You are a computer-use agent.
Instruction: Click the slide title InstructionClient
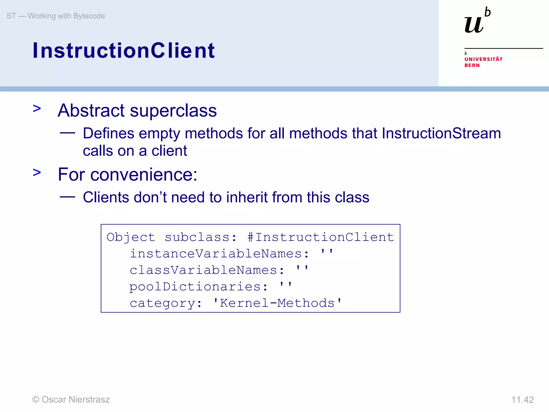point(123,50)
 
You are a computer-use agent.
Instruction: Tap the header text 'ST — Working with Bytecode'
point(56,16)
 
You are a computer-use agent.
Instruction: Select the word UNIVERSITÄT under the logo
point(483,59)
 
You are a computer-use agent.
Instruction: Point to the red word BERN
point(472,65)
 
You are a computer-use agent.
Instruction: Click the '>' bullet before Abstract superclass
point(37,109)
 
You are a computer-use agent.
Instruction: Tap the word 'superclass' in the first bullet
point(173,111)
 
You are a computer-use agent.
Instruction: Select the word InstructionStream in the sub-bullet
point(441,133)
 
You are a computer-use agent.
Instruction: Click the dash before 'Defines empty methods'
point(67,133)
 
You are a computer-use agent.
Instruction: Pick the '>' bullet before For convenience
point(37,172)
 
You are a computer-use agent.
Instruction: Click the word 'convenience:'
point(143,175)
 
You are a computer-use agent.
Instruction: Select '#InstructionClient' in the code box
point(321,237)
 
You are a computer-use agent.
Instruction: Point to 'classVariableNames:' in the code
point(207,270)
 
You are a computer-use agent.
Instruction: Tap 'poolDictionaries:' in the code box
point(198,287)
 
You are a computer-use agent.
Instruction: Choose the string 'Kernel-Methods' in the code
point(277,303)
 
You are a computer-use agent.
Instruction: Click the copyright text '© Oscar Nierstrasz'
point(71,399)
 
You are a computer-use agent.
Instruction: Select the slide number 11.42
point(522,400)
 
